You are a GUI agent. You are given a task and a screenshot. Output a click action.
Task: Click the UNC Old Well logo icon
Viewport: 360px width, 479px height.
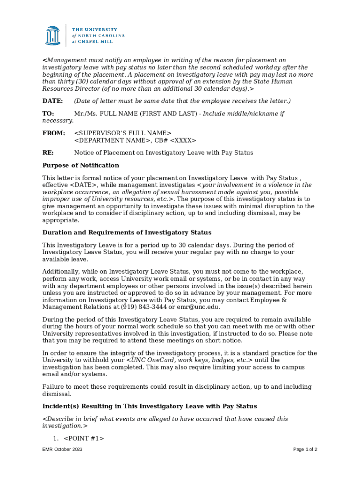point(53,36)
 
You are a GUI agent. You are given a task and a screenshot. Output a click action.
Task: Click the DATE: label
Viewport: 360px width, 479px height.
point(52,101)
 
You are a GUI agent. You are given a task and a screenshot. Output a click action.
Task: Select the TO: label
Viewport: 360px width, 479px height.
point(48,114)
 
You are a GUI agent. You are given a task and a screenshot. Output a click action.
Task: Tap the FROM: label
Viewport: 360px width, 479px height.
point(54,133)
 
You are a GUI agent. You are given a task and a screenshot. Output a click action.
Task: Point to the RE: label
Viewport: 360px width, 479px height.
point(48,152)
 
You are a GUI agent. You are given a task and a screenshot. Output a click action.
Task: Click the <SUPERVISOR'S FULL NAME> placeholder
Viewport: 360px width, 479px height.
point(123,133)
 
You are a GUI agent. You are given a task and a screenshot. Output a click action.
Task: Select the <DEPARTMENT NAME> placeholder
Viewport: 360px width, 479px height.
point(113,140)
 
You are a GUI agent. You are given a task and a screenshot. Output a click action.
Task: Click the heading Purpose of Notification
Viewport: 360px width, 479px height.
point(81,166)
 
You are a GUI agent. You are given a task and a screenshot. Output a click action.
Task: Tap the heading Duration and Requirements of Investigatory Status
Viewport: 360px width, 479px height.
point(127,232)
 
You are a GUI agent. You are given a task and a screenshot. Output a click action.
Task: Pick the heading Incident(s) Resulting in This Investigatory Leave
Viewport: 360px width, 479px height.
point(150,406)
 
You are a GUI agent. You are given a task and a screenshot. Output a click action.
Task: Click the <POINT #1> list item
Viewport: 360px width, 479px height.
point(84,438)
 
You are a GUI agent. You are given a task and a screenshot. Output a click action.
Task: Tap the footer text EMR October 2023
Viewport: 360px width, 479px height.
point(62,450)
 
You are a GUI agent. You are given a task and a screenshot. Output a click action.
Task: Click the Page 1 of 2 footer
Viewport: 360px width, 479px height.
point(305,450)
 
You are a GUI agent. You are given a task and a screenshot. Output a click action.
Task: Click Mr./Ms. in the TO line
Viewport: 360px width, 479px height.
point(86,114)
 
